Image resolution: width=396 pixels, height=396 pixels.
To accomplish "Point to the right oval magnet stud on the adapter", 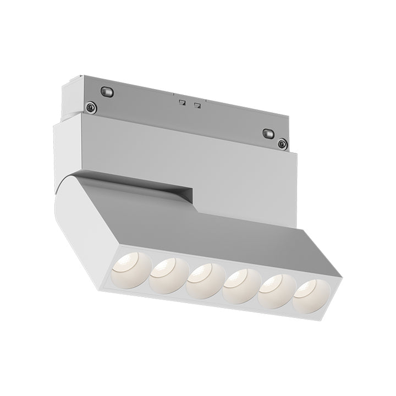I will click(268, 133).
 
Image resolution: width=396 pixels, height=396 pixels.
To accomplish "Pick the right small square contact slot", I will click(197, 105).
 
